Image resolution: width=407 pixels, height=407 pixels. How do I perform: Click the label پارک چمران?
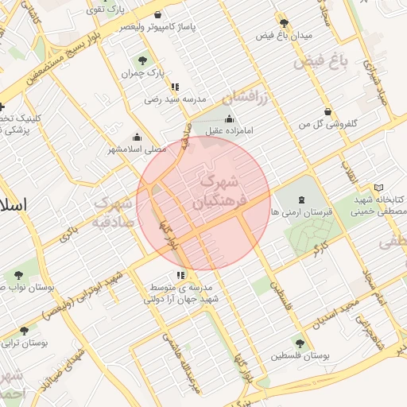[142, 73]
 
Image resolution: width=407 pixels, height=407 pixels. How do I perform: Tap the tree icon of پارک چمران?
[142, 60]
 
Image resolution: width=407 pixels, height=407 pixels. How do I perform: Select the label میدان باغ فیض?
[284, 36]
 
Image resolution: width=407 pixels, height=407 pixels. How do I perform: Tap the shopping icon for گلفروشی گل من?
[327, 111]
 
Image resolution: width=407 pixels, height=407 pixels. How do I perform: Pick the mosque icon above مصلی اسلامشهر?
[137, 136]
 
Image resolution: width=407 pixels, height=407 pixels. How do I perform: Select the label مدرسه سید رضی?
[175, 100]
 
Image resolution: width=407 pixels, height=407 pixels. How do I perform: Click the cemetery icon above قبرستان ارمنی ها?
[301, 200]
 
